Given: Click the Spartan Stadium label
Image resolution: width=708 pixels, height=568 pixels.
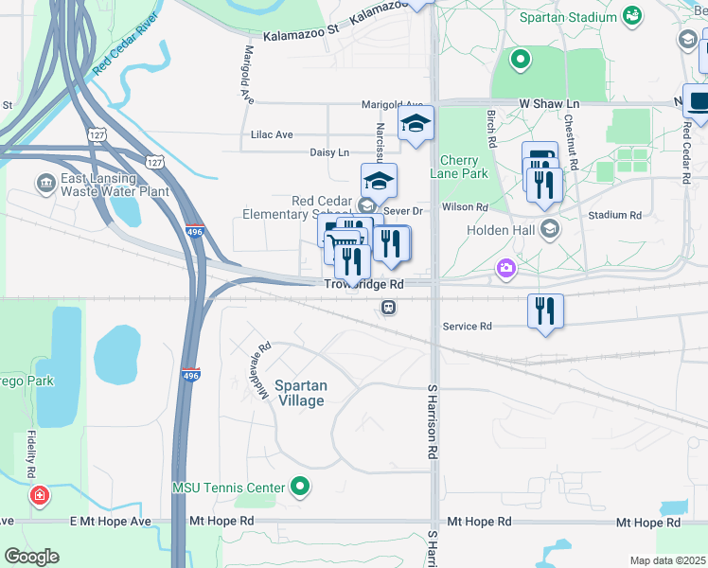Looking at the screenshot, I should pyautogui.click(x=568, y=16).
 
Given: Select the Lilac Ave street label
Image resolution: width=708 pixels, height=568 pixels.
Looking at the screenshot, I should pyautogui.click(x=272, y=134).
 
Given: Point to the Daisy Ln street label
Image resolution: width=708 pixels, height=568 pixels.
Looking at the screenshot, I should pyautogui.click(x=329, y=152).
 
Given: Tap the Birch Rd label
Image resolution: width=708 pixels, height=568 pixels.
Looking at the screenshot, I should pyautogui.click(x=491, y=127).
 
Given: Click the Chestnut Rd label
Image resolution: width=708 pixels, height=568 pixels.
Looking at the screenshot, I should pyautogui.click(x=569, y=135).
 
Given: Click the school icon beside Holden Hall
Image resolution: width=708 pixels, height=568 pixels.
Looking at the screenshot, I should pyautogui.click(x=550, y=229).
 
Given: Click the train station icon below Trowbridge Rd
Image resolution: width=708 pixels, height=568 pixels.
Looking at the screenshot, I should pyautogui.click(x=388, y=307).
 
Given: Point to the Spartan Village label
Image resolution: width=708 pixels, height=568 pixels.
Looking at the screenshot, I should pyautogui.click(x=301, y=393).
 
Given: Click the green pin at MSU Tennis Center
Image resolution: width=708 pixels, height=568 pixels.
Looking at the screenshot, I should pyautogui.click(x=301, y=488).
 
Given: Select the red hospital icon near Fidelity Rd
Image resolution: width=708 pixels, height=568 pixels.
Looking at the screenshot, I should pyautogui.click(x=39, y=494).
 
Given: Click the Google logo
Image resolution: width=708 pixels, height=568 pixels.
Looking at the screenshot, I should pyautogui.click(x=31, y=557).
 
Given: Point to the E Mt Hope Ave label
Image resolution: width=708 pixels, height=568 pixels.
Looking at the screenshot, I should pyautogui.click(x=111, y=522).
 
